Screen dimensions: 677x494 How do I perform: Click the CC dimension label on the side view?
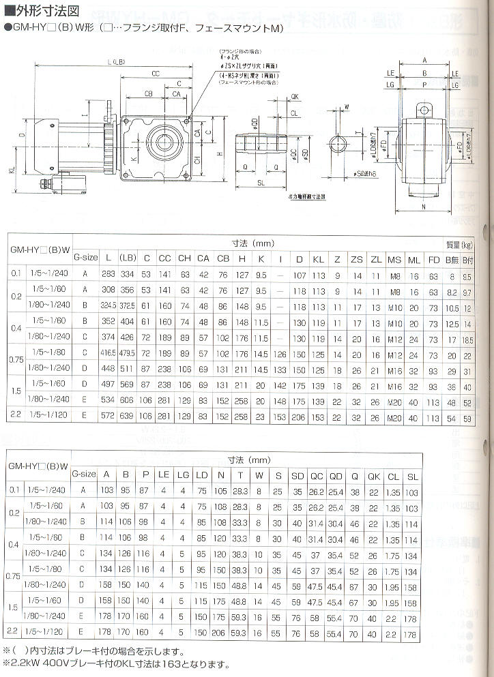pyautogui.click(x=156, y=73)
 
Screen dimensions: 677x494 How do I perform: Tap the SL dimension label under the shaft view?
pyautogui.click(x=263, y=183)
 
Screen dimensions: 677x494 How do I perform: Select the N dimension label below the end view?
pyautogui.click(x=424, y=205)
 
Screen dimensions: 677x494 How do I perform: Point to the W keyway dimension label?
pyautogui.click(x=347, y=107)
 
